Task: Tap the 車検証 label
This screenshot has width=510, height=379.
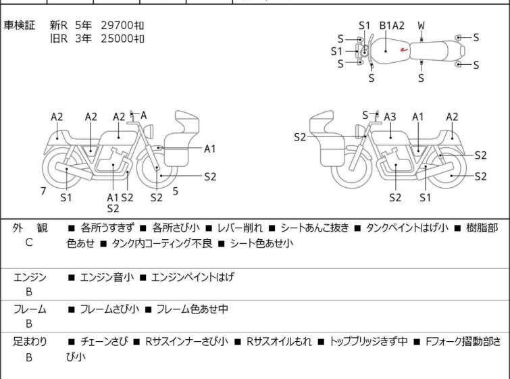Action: (x=19, y=25)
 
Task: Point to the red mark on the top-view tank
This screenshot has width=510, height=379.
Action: (x=404, y=50)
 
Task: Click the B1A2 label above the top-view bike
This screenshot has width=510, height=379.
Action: (x=392, y=26)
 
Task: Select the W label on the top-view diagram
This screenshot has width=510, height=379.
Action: (x=422, y=26)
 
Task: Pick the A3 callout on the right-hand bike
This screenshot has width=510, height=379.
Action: (x=390, y=116)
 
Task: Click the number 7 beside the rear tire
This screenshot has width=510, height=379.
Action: (x=43, y=191)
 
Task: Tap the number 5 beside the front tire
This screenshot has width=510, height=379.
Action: (x=176, y=191)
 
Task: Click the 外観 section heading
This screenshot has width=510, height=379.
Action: (x=30, y=228)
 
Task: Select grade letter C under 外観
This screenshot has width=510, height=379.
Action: (x=29, y=243)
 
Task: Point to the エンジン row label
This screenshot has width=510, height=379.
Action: (x=30, y=277)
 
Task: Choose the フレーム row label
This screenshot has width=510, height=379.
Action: (x=30, y=309)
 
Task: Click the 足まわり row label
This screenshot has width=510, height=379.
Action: (x=30, y=342)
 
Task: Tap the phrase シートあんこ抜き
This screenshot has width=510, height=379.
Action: (x=315, y=228)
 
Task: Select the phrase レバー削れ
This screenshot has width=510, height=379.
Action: (x=240, y=228)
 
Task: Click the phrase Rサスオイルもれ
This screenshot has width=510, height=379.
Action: (x=279, y=342)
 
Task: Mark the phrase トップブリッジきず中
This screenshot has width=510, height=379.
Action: (x=369, y=342)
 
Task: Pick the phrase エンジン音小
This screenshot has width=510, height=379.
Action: (x=107, y=277)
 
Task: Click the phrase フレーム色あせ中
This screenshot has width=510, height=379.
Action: (x=193, y=309)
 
